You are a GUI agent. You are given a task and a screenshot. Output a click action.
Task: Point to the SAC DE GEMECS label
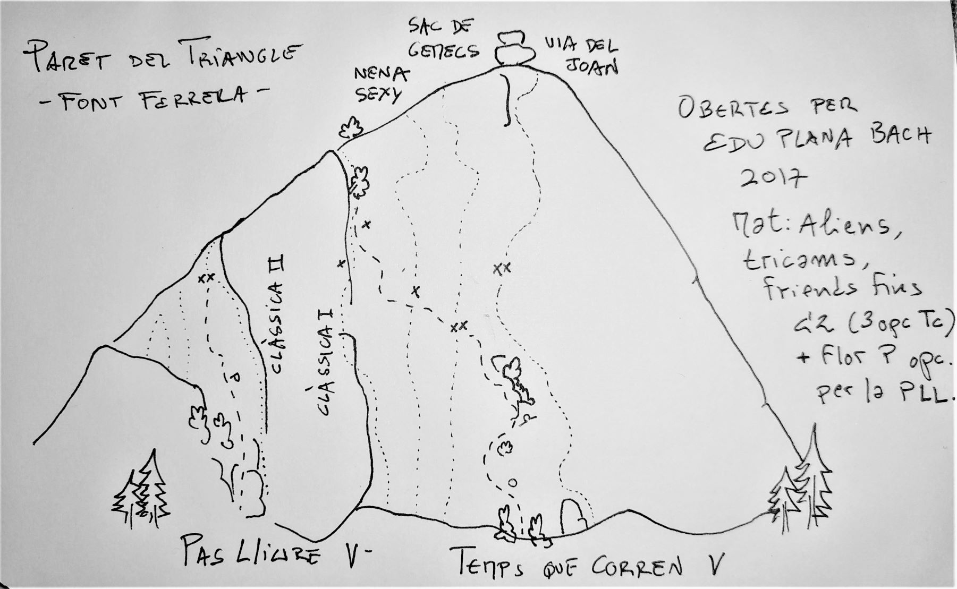(443, 38)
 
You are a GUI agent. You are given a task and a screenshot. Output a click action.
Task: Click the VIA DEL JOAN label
(581, 55)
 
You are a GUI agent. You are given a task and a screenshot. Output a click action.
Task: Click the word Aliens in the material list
(851, 226)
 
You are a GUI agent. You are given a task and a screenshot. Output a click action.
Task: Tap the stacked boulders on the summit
(514, 48)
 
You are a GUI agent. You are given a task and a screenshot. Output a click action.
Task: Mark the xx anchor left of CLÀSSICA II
(206, 277)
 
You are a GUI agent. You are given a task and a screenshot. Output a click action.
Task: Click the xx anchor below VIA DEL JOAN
(502, 268)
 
